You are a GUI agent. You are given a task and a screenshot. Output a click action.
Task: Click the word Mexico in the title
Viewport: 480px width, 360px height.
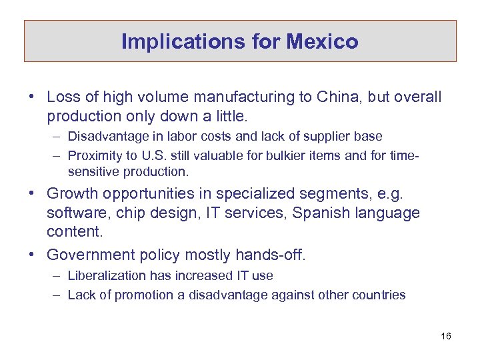(323, 42)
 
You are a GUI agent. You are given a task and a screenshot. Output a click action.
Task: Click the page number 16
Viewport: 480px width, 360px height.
(446, 336)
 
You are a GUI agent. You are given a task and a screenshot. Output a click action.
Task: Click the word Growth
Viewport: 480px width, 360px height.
(72, 194)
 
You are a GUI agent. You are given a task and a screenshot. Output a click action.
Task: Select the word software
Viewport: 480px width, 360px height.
(72, 213)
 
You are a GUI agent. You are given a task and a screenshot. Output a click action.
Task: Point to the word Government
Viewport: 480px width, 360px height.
(91, 255)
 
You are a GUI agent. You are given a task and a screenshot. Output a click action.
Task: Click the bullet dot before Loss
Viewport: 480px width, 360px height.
(32, 97)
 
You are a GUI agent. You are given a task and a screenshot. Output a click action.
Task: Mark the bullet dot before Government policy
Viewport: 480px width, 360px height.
(32, 255)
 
